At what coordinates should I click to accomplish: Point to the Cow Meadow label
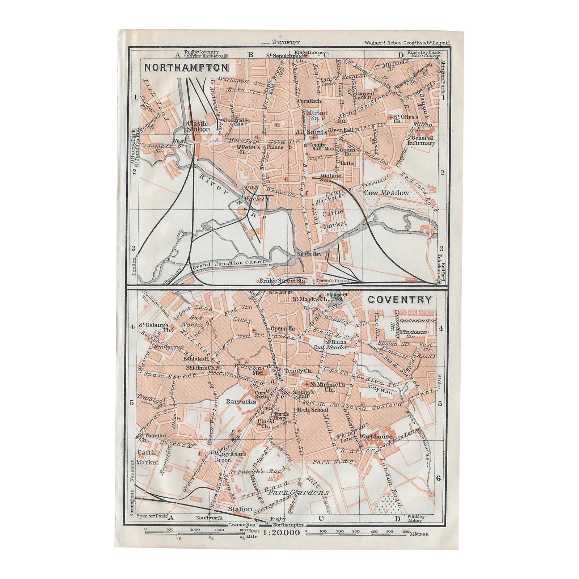point(386,193)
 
